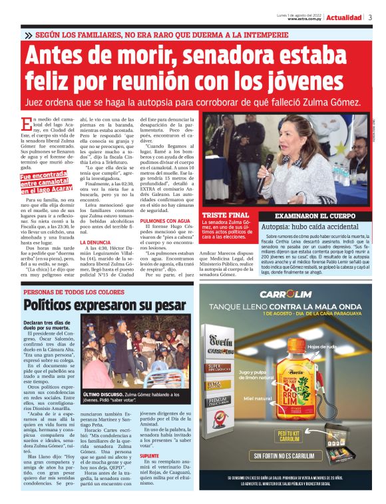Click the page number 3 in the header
(370, 17)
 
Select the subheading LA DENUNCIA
(96, 243)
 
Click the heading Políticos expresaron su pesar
(100, 305)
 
